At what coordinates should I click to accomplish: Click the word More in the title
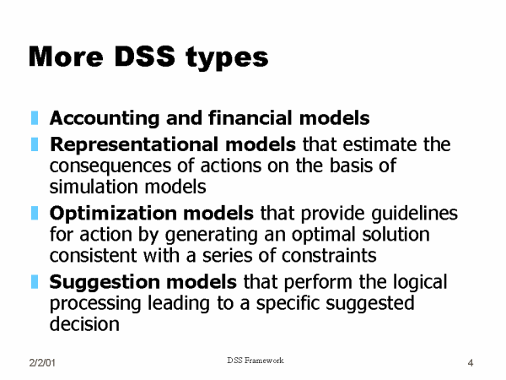click(x=66, y=57)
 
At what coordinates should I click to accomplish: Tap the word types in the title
click(x=227, y=58)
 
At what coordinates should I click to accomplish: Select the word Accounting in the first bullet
click(x=105, y=118)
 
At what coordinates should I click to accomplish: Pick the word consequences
click(x=110, y=166)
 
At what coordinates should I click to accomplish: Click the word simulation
click(x=94, y=187)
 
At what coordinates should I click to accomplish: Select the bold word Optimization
click(x=113, y=214)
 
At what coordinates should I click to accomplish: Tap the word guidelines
click(x=414, y=214)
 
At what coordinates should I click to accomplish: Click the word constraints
click(x=329, y=256)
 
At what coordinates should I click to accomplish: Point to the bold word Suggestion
click(x=105, y=283)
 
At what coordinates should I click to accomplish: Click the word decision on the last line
click(x=84, y=323)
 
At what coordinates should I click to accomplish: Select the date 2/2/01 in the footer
click(x=42, y=362)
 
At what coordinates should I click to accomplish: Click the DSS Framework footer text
click(x=256, y=361)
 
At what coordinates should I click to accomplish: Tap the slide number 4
click(x=471, y=363)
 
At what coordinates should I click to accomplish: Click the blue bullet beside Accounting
click(x=35, y=118)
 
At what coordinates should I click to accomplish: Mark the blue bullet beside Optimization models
click(x=35, y=214)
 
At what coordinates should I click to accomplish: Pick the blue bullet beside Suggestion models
click(x=35, y=282)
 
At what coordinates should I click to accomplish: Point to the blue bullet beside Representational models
click(x=35, y=144)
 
